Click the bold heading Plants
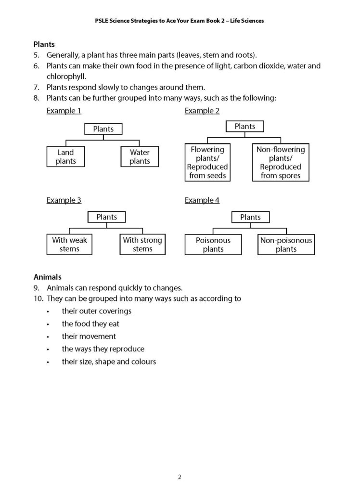(x=44, y=44)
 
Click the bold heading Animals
(x=47, y=277)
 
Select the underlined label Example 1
(x=64, y=111)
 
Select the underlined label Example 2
(x=202, y=111)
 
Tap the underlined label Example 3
(x=64, y=200)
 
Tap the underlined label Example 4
(x=202, y=200)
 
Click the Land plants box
(x=65, y=157)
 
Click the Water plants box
(x=140, y=157)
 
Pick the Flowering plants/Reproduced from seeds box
(x=207, y=163)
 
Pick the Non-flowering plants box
(x=281, y=163)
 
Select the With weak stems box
(x=69, y=245)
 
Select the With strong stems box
(x=142, y=245)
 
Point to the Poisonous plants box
(x=213, y=245)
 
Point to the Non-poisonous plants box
(x=286, y=245)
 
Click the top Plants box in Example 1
(x=103, y=129)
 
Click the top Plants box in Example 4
(x=250, y=217)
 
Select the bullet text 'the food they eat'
(x=90, y=324)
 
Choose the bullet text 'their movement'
(x=89, y=336)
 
